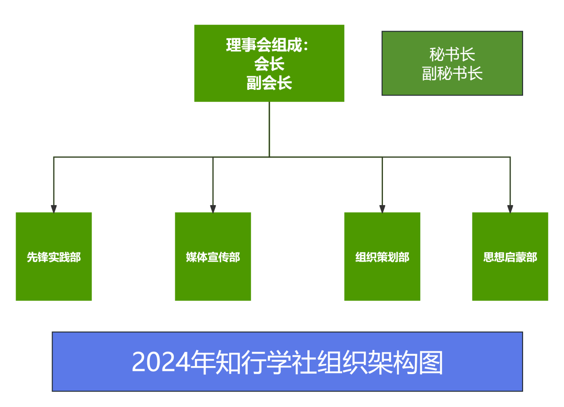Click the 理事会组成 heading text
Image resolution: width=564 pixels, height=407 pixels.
(x=264, y=45)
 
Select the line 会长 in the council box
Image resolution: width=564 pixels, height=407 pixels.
(x=269, y=64)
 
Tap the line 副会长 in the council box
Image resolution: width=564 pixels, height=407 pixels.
(x=269, y=83)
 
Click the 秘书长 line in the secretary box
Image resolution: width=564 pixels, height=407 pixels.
(x=452, y=54)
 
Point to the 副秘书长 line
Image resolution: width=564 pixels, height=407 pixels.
(x=452, y=73)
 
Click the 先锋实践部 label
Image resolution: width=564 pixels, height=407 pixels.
(x=54, y=257)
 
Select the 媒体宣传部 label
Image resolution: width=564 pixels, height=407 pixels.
(x=213, y=257)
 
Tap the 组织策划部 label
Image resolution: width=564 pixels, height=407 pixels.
(x=382, y=257)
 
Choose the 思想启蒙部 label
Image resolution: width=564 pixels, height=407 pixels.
(x=510, y=257)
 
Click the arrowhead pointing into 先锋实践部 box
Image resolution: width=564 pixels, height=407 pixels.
(x=54, y=209)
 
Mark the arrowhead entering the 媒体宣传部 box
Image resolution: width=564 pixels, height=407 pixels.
(x=213, y=209)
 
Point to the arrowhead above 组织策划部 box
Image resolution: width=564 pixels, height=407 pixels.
(x=382, y=209)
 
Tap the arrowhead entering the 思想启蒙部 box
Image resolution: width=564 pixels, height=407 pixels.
(x=510, y=209)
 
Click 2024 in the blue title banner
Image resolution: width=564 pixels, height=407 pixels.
(x=161, y=362)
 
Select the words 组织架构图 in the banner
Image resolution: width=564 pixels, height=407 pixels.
(x=380, y=362)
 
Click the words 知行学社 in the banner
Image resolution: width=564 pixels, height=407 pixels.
(x=266, y=362)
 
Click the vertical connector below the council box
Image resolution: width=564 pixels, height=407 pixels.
(x=269, y=129)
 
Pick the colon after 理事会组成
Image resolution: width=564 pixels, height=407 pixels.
(x=306, y=45)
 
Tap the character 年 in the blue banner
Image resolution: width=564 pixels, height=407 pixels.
(x=203, y=362)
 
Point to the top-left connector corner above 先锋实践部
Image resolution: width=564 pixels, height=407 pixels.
(x=54, y=157)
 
